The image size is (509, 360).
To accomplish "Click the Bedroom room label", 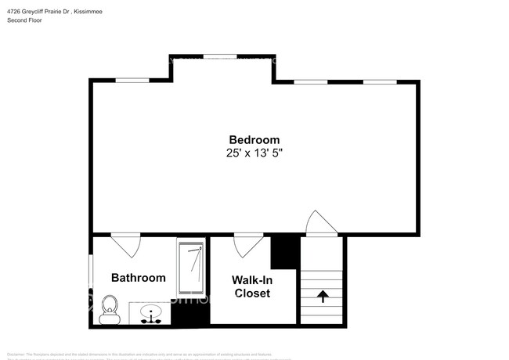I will pos(254,139).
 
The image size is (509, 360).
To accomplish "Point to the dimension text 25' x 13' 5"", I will pos(254,153).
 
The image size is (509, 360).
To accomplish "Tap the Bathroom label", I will pos(138,278).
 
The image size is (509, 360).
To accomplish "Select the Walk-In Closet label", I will pos(251,286).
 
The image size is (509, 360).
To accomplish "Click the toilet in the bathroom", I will pos(109,308).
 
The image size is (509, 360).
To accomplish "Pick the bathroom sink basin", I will pos(151,314).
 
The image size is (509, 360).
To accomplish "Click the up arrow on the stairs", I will pos(322,297).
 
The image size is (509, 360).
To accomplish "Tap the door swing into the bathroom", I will pos(125,245).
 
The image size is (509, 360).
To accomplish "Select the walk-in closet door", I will pos(248,244).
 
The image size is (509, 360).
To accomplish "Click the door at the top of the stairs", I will pos(321,224).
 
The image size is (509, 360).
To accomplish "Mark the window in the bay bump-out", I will pos(221,56).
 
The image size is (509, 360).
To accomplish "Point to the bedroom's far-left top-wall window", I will pos(132,80).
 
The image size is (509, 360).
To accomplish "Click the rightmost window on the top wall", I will pos(379,81).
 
